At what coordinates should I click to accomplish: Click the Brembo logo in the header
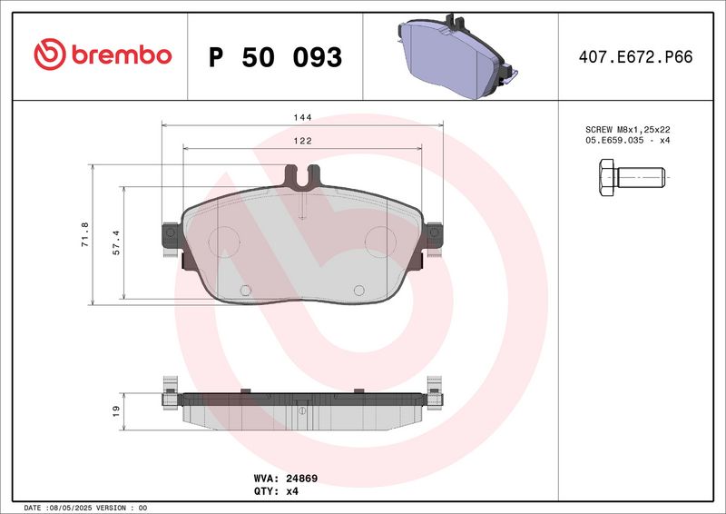click(x=102, y=55)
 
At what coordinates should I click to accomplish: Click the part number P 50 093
click(x=275, y=57)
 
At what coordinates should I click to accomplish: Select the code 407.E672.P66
click(x=634, y=56)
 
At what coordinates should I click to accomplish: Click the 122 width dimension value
click(x=302, y=141)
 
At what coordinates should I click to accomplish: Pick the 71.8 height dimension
click(x=85, y=235)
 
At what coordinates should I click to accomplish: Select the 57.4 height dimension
click(x=114, y=242)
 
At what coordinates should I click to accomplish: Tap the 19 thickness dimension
click(x=116, y=411)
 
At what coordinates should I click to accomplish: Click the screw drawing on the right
click(x=633, y=176)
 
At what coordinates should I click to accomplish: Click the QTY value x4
click(x=290, y=490)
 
